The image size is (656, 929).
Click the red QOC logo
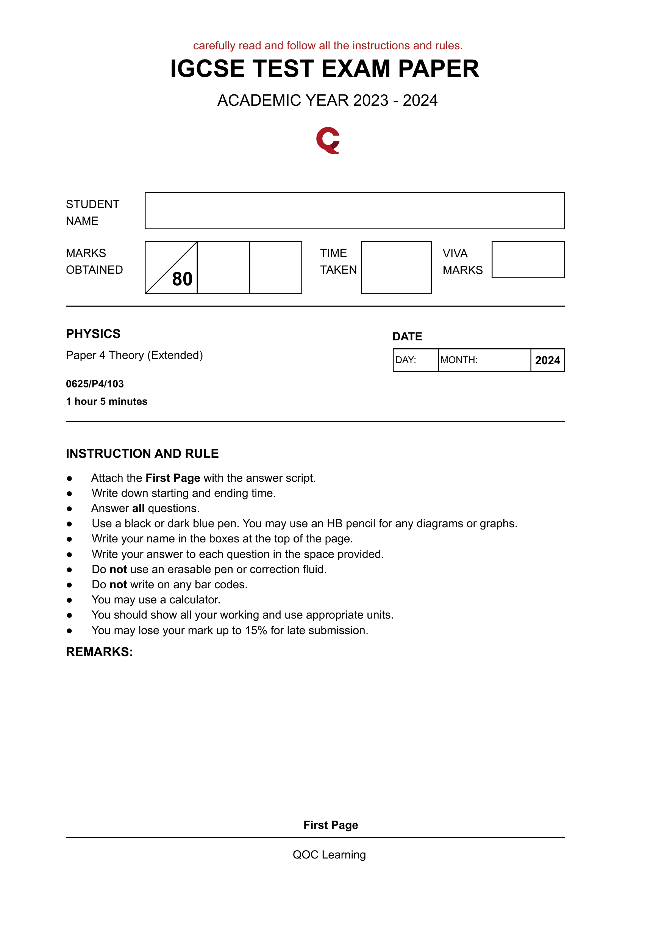click(328, 140)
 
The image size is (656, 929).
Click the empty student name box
click(354, 210)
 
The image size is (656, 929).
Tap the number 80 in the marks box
click(182, 279)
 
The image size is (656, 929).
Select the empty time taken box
click(395, 268)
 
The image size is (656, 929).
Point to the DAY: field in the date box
click(415, 360)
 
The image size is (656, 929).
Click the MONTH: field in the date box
click(484, 360)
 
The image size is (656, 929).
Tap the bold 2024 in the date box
click(547, 360)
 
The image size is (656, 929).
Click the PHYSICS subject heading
click(93, 334)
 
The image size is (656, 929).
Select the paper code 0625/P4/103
click(95, 384)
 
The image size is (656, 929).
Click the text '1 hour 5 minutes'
click(106, 401)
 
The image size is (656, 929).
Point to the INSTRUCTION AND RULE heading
click(142, 454)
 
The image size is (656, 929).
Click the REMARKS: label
click(99, 652)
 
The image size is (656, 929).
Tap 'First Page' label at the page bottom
click(330, 825)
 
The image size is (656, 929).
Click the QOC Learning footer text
click(329, 854)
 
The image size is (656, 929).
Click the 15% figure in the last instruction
click(256, 630)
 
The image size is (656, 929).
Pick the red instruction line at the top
click(328, 45)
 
